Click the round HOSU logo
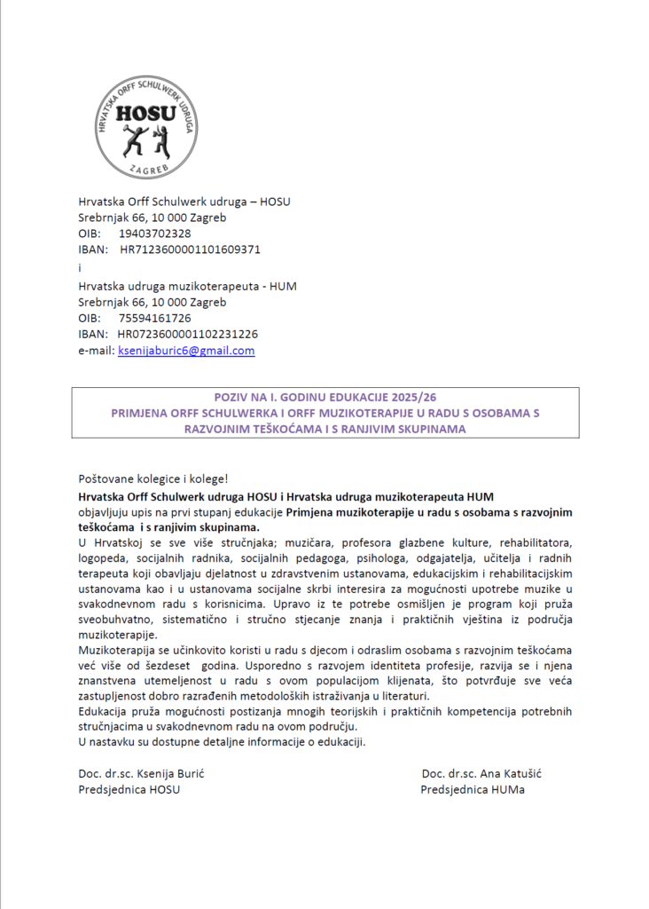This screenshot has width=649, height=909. (146, 126)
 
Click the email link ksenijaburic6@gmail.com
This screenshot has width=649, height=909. (186, 351)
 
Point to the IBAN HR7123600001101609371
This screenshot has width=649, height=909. (190, 249)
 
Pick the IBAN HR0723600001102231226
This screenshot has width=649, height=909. (187, 334)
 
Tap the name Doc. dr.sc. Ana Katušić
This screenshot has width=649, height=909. (482, 773)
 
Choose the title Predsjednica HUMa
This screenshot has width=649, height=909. (473, 789)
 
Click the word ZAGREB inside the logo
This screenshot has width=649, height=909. (146, 168)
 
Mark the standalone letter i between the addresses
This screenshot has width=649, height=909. (80, 267)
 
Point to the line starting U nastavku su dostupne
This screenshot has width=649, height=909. (222, 741)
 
